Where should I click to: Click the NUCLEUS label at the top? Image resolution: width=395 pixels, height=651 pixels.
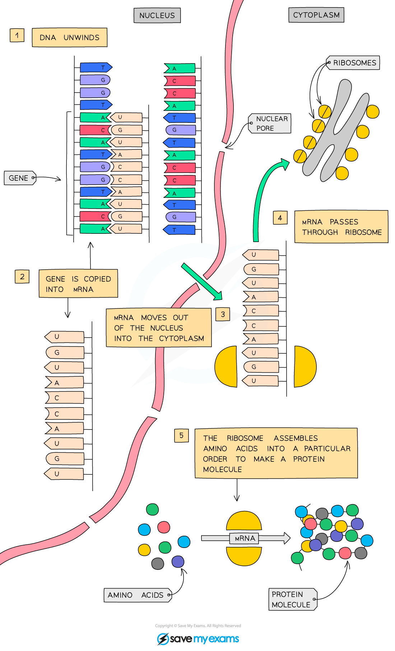(157, 15)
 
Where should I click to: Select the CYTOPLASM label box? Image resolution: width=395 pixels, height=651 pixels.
(316, 15)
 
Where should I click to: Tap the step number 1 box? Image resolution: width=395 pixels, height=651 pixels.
(17, 35)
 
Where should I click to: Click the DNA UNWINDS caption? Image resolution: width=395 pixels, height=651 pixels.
(69, 37)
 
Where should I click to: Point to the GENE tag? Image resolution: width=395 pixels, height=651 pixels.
(19, 178)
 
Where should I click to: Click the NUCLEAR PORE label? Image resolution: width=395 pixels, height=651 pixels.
(271, 124)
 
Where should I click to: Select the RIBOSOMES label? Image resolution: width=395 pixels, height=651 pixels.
(353, 63)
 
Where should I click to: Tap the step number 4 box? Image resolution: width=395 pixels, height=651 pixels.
(280, 218)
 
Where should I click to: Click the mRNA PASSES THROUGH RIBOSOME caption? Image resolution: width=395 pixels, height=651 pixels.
(341, 227)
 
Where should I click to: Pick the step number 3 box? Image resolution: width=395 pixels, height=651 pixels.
(223, 314)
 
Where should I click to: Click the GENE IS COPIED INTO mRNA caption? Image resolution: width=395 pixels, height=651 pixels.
(78, 284)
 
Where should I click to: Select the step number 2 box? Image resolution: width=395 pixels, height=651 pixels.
(22, 276)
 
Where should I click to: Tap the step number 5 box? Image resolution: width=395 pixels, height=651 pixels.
(181, 435)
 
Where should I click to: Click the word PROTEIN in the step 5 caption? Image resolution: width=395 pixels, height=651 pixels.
(309, 459)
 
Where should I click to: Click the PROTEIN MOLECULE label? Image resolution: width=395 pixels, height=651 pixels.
(292, 599)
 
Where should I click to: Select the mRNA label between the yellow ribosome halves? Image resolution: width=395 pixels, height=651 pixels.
(245, 538)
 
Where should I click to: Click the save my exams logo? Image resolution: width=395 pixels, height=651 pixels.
(198, 639)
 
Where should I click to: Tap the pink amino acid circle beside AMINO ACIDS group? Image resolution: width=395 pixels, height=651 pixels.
(164, 527)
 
